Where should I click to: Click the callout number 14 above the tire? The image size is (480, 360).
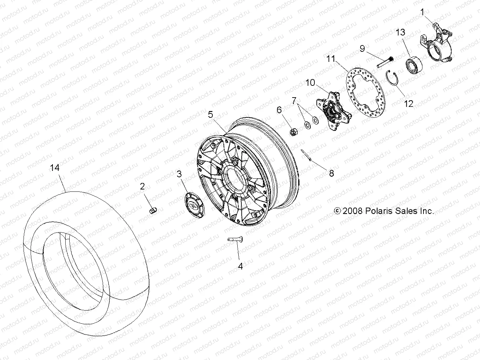click(x=55, y=168)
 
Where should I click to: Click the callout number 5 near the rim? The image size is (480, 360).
click(x=210, y=114)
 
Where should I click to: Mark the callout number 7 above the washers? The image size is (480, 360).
click(x=295, y=100)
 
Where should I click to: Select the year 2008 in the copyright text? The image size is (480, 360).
click(x=352, y=211)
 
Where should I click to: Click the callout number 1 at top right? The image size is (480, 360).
click(x=422, y=12)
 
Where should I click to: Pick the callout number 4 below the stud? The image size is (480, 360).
click(x=240, y=266)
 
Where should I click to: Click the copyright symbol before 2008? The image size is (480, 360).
click(x=337, y=211)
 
